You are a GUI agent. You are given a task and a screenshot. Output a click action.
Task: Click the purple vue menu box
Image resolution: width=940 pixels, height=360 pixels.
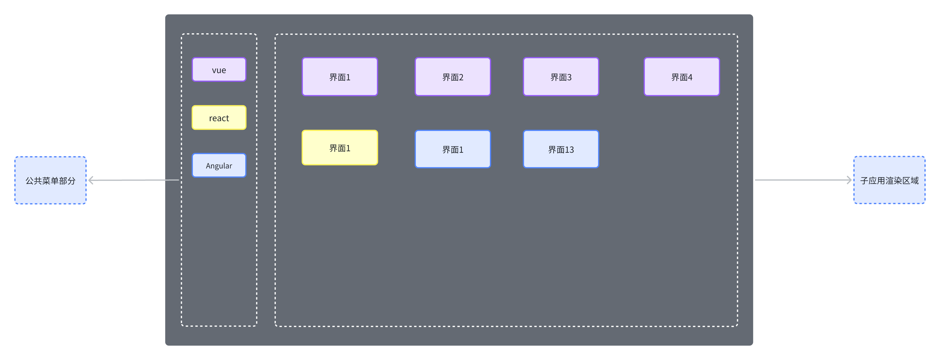pyautogui.click(x=219, y=69)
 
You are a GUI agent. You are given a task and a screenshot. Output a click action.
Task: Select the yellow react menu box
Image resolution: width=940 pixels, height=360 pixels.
pyautogui.click(x=219, y=117)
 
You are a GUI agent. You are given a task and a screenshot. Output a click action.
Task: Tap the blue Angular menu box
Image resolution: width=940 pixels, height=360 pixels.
pyautogui.click(x=219, y=165)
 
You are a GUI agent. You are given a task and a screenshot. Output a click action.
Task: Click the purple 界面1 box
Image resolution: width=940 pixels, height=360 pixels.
pyautogui.click(x=339, y=77)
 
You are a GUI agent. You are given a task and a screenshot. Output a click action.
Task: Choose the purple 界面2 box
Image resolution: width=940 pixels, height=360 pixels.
pyautogui.click(x=453, y=77)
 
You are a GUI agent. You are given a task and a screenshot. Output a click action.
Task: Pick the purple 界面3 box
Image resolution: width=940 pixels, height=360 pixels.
pyautogui.click(x=561, y=77)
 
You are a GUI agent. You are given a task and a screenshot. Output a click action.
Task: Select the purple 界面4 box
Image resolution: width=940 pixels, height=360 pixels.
pyautogui.click(x=682, y=77)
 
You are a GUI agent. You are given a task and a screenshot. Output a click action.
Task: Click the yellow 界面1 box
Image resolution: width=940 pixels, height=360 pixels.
pyautogui.click(x=339, y=148)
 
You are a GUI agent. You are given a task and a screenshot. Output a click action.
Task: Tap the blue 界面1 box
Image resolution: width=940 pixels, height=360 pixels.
pyautogui.click(x=453, y=149)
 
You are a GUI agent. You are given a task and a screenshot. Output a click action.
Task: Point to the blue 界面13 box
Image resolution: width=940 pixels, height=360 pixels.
pyautogui.click(x=561, y=149)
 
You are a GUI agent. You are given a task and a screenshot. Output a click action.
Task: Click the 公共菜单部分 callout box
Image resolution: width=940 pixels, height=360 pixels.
pyautogui.click(x=50, y=180)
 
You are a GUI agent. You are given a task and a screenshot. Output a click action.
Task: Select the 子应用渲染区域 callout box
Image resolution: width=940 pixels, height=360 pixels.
pyautogui.click(x=889, y=180)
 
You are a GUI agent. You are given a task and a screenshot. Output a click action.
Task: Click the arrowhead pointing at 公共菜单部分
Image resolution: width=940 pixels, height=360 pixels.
pyautogui.click(x=91, y=180)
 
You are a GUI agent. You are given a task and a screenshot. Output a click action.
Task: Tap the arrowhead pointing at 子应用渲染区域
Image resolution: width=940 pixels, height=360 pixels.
pyautogui.click(x=849, y=180)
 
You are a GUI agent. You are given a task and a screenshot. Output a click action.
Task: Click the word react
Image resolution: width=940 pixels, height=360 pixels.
pyautogui.click(x=219, y=118)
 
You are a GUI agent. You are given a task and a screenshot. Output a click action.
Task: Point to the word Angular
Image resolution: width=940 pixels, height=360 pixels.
pyautogui.click(x=219, y=166)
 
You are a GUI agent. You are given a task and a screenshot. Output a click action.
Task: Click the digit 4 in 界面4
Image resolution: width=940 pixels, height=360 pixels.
pyautogui.click(x=690, y=77)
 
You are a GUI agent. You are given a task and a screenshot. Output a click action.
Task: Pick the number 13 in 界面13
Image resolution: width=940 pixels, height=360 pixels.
pyautogui.click(x=569, y=150)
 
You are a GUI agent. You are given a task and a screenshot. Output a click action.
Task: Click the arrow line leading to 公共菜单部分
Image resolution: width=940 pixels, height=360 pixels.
pyautogui.click(x=135, y=180)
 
